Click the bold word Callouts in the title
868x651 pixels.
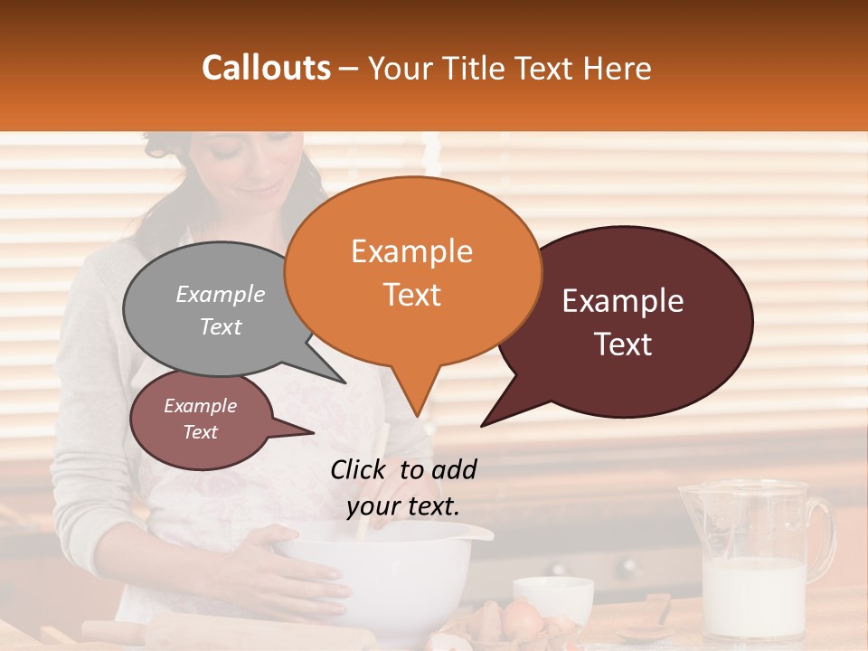[x=266, y=69]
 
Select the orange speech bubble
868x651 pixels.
[x=412, y=271]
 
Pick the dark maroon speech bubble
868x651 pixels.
[x=633, y=321]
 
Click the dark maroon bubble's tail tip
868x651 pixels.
[x=483, y=425]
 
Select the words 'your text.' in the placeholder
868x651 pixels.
[x=402, y=506]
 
